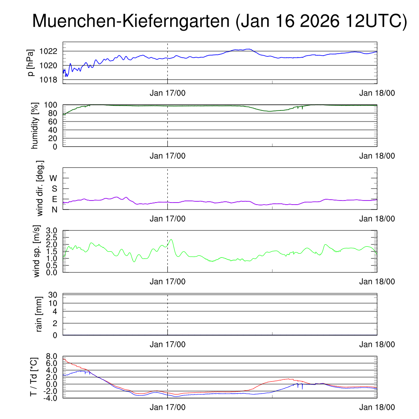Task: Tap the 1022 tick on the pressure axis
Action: [49, 52]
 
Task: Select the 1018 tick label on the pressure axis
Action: [49, 79]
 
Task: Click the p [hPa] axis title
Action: [31, 63]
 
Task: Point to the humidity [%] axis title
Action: [34, 126]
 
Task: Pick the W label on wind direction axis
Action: [54, 178]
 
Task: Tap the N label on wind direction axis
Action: [54, 209]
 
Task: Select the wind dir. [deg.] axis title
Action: [40, 188]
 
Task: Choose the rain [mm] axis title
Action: [39, 314]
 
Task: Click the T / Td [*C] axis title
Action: [34, 377]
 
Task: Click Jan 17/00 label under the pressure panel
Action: [167, 93]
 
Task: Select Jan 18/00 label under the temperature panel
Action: [377, 408]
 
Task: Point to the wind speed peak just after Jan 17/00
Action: [171, 240]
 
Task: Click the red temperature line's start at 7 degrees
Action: [64, 359]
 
